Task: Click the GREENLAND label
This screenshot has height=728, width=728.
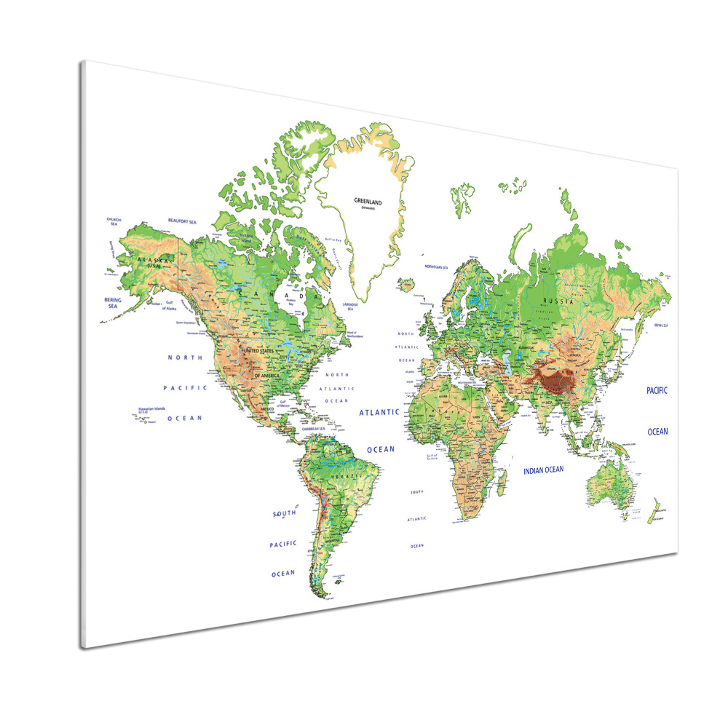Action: (x=368, y=200)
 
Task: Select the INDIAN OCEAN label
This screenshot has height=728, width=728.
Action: (x=544, y=470)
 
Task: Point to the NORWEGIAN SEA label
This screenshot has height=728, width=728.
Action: (x=435, y=267)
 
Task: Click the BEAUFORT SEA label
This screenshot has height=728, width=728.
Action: (x=182, y=221)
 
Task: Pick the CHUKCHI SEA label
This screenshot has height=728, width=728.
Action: (x=113, y=221)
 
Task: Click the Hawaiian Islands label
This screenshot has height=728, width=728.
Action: (x=151, y=409)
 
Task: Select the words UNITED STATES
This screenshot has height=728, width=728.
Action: (x=260, y=352)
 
